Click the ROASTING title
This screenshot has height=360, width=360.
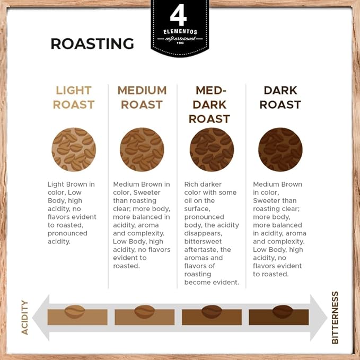[x=92, y=43]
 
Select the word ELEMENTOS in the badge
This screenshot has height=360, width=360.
[x=180, y=32]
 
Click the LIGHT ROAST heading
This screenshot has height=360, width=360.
[x=74, y=98]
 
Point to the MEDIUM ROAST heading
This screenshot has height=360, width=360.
[x=142, y=98]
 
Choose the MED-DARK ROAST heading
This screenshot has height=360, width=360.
[x=209, y=104]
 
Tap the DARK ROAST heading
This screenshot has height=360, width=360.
[x=280, y=98]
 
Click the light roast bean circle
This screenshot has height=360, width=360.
[x=74, y=150]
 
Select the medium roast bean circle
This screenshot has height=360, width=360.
[x=142, y=150]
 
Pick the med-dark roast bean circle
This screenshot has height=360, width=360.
[x=212, y=150]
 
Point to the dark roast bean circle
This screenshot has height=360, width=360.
[x=280, y=150]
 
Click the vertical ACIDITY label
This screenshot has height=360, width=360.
[x=24, y=317]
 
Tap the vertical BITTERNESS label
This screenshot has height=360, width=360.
[x=335, y=318]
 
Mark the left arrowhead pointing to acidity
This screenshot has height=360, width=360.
[x=41, y=318]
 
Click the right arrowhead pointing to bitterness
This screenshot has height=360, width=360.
[x=319, y=318]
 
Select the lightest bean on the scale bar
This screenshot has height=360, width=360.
[x=75, y=312]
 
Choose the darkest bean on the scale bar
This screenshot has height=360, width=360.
[x=283, y=312]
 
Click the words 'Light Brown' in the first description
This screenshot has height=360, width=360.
[x=64, y=185]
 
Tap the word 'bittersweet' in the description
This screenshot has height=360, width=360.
[x=203, y=242]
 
